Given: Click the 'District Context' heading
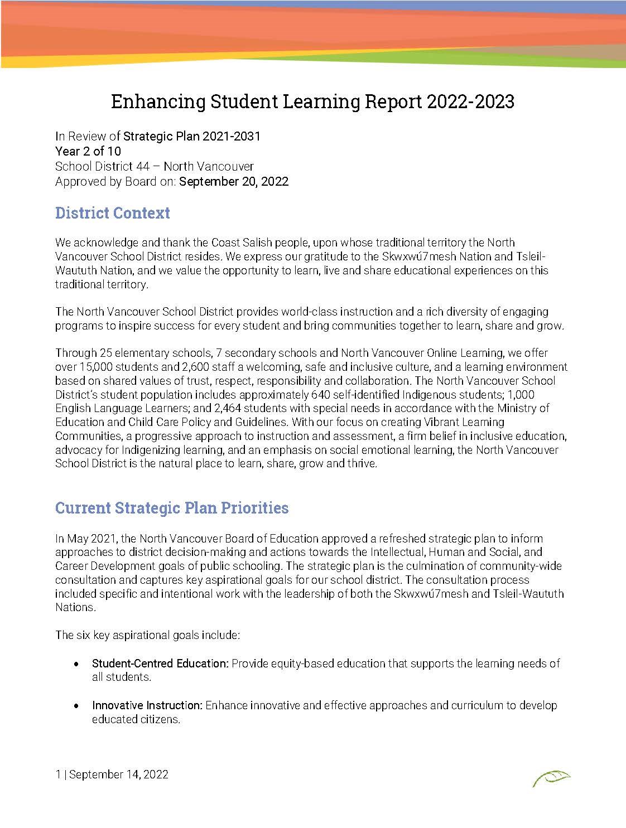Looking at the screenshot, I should (x=112, y=213).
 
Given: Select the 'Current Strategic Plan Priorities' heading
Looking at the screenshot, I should (x=172, y=508).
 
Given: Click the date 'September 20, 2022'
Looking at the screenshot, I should (x=234, y=181).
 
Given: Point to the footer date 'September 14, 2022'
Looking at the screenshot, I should (x=119, y=774).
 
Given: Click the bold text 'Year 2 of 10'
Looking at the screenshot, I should (x=88, y=151).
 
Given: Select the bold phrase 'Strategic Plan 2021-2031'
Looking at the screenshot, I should (x=191, y=136).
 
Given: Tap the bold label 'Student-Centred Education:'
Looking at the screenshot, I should (x=160, y=664).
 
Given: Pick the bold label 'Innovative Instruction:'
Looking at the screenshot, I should (x=147, y=705).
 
